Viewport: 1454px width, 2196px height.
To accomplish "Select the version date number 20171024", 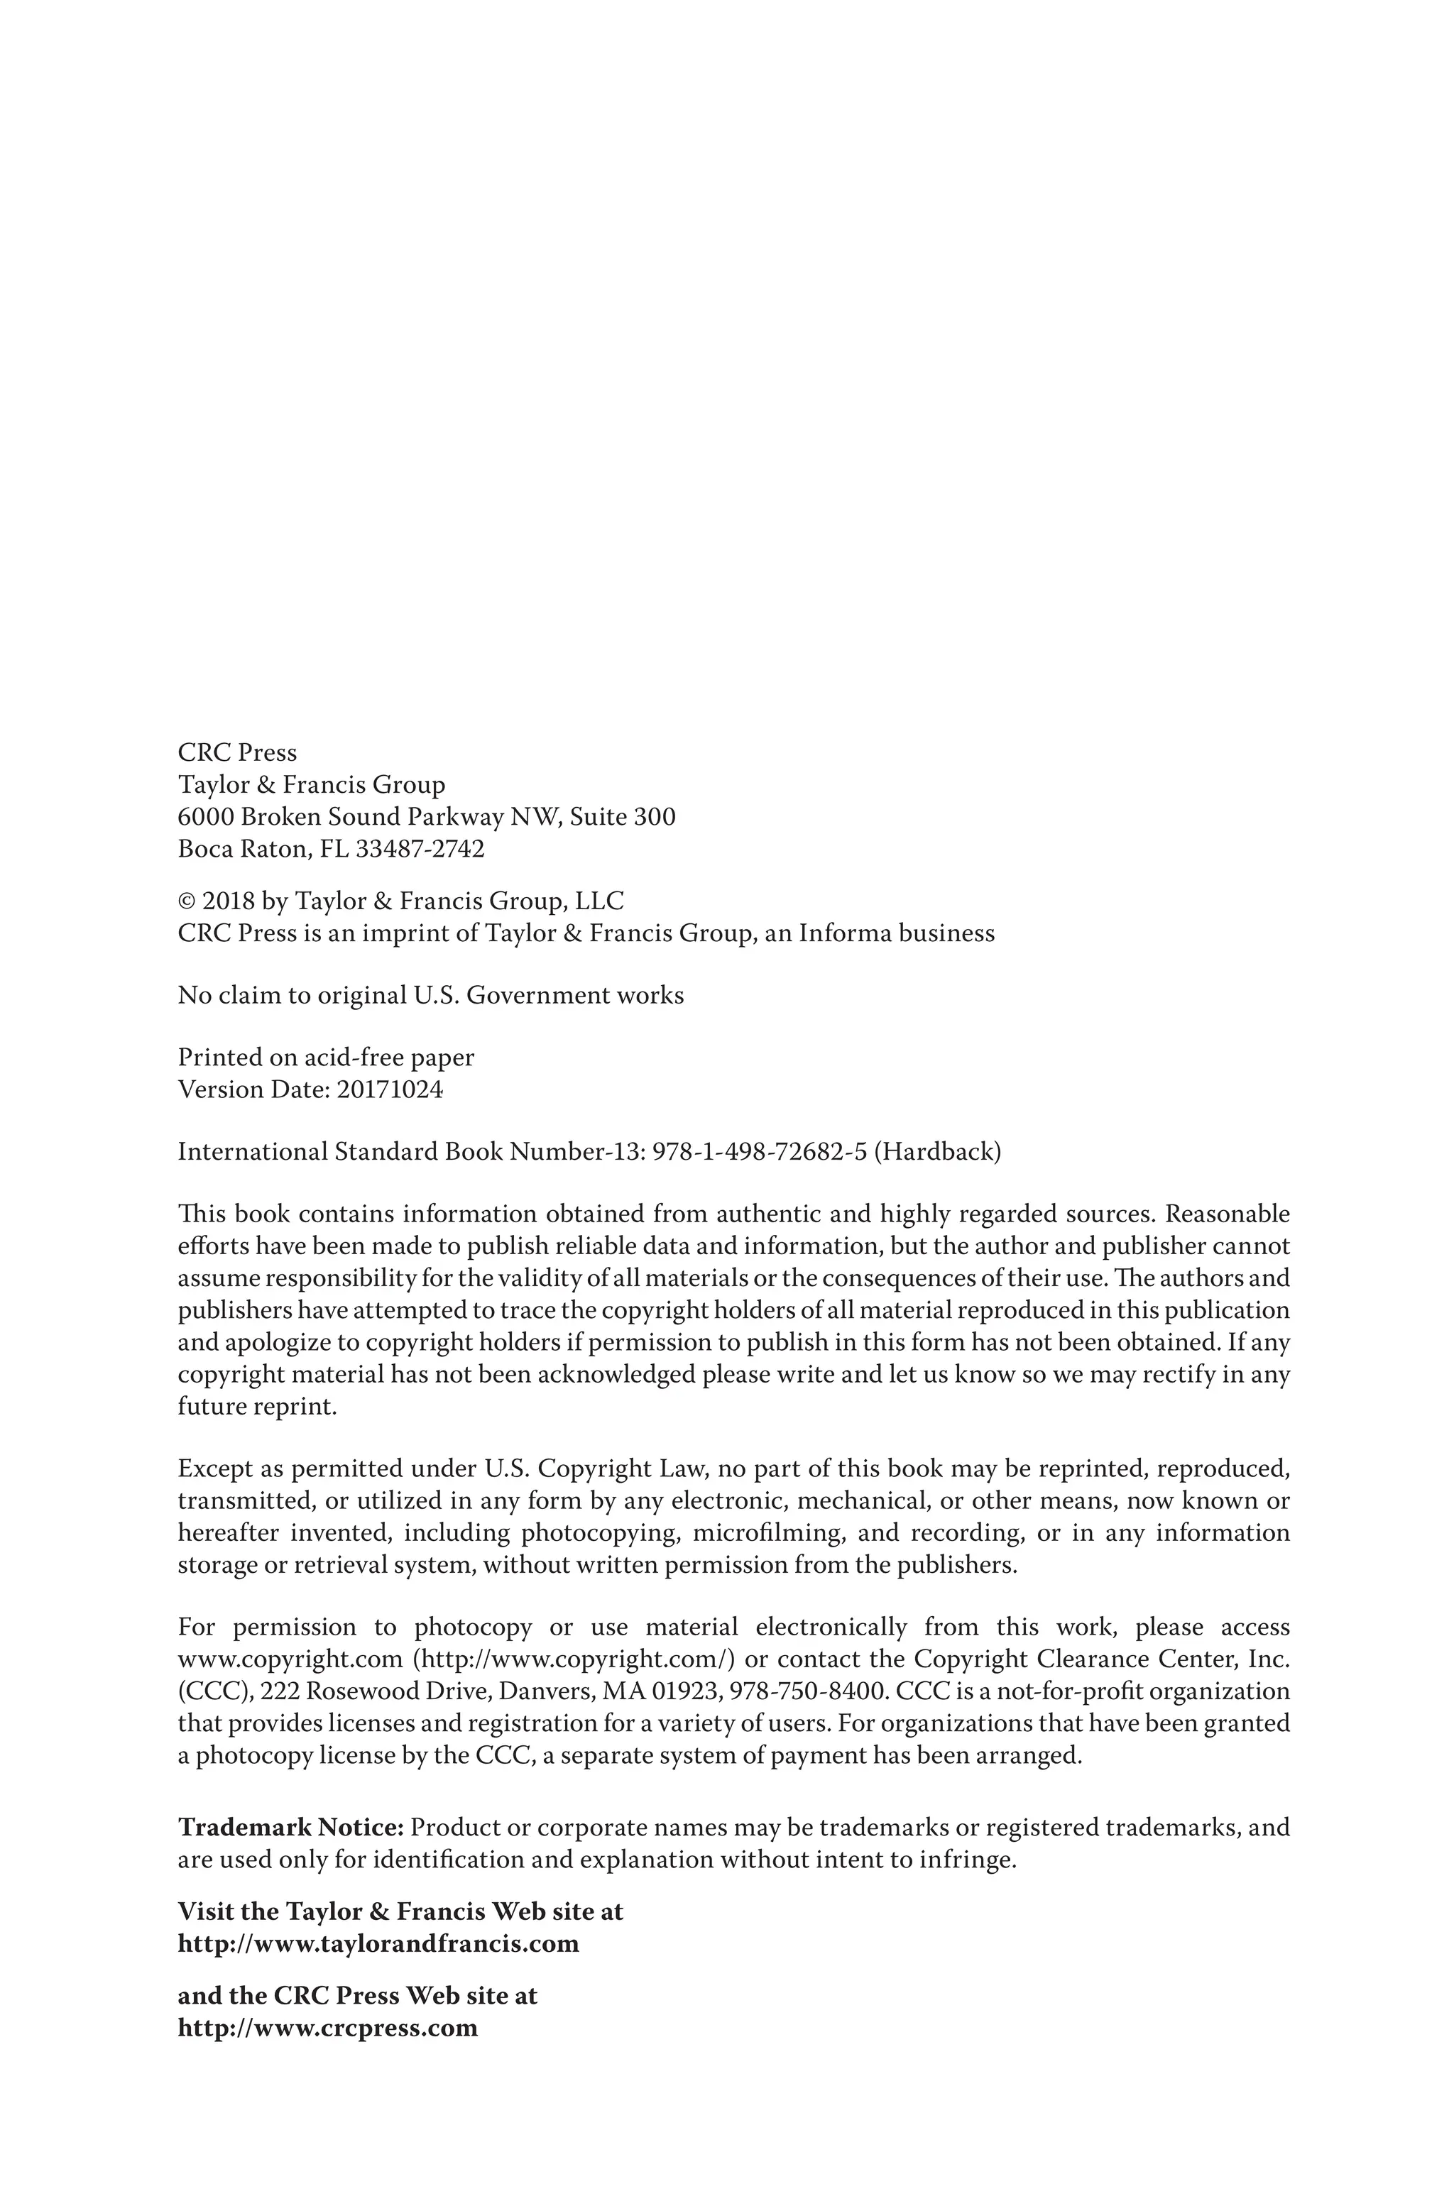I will (x=390, y=1089).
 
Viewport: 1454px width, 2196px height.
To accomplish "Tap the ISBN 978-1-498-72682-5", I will (x=760, y=1152).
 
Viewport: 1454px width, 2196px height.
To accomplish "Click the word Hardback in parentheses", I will (x=937, y=1152).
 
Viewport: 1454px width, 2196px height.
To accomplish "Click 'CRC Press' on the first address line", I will (x=237, y=753).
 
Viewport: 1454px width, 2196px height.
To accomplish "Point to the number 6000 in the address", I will (x=205, y=818).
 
